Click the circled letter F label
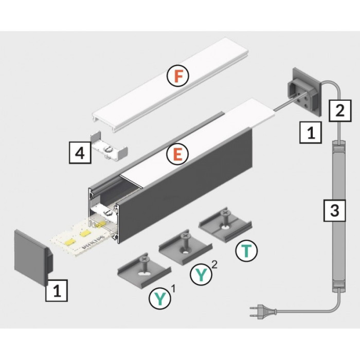pos(178,77)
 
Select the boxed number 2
pos(339,110)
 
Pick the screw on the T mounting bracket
pos(224,215)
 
